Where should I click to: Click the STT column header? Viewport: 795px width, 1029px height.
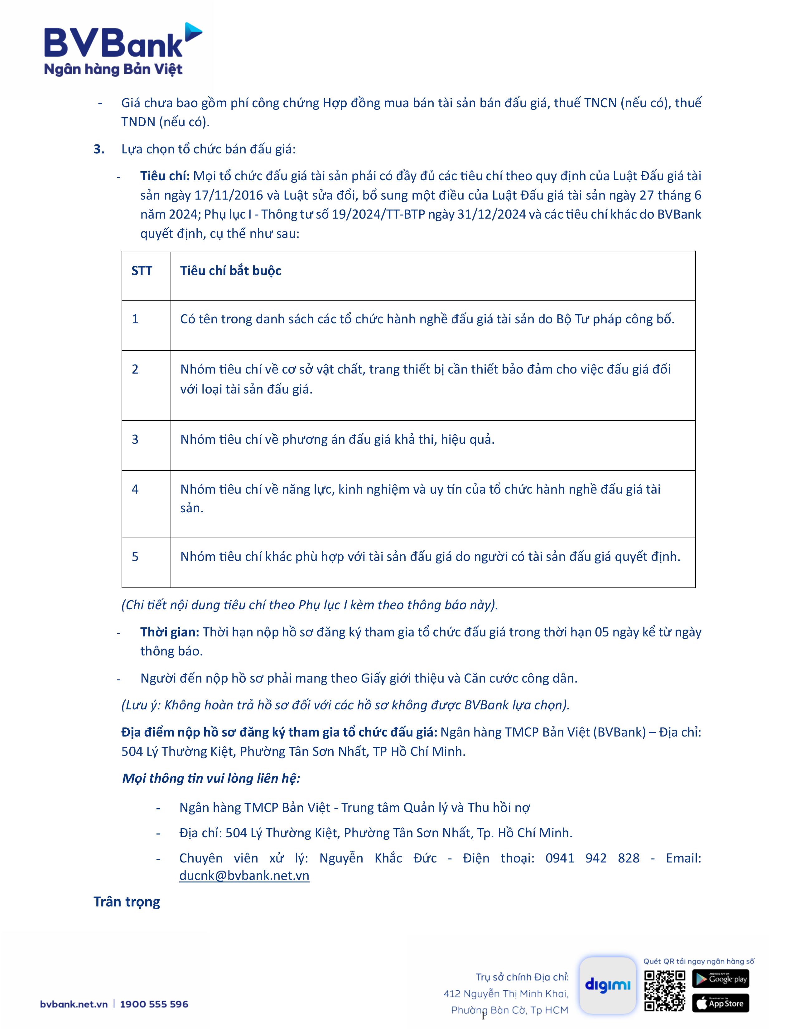(142, 271)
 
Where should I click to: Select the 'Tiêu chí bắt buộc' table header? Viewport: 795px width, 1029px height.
(230, 271)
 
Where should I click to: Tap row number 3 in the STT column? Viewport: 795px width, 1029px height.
(135, 439)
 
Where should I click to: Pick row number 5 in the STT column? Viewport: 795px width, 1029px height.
(135, 556)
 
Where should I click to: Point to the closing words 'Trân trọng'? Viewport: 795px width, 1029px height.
(127, 902)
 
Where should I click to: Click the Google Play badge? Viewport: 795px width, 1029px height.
(720, 978)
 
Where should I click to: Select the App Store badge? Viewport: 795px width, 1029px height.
(720, 1003)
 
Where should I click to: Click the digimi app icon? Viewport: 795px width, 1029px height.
(607, 985)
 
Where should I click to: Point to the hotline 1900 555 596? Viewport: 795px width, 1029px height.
(154, 1004)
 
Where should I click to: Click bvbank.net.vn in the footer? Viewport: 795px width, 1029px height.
(74, 1004)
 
